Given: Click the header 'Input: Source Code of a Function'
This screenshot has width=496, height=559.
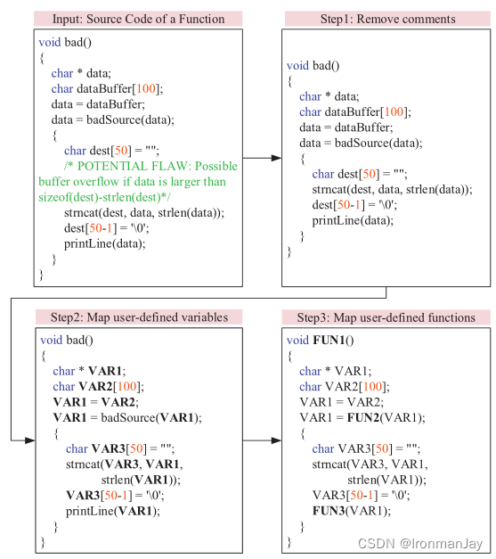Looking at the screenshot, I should pyautogui.click(x=139, y=18).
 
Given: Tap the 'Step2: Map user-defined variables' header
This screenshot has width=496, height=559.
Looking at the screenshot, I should pyautogui.click(x=139, y=317).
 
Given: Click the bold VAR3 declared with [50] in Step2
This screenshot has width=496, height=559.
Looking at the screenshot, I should pyautogui.click(x=106, y=448).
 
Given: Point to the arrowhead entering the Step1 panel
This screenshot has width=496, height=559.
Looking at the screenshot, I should pyautogui.click(x=275, y=158).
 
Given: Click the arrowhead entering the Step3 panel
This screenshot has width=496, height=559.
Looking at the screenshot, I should pyautogui.click(x=275, y=440).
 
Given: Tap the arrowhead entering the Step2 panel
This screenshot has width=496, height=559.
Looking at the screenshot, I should pyautogui.click(x=29, y=440).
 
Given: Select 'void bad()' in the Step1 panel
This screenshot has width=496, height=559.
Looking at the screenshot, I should pyautogui.click(x=313, y=65).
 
